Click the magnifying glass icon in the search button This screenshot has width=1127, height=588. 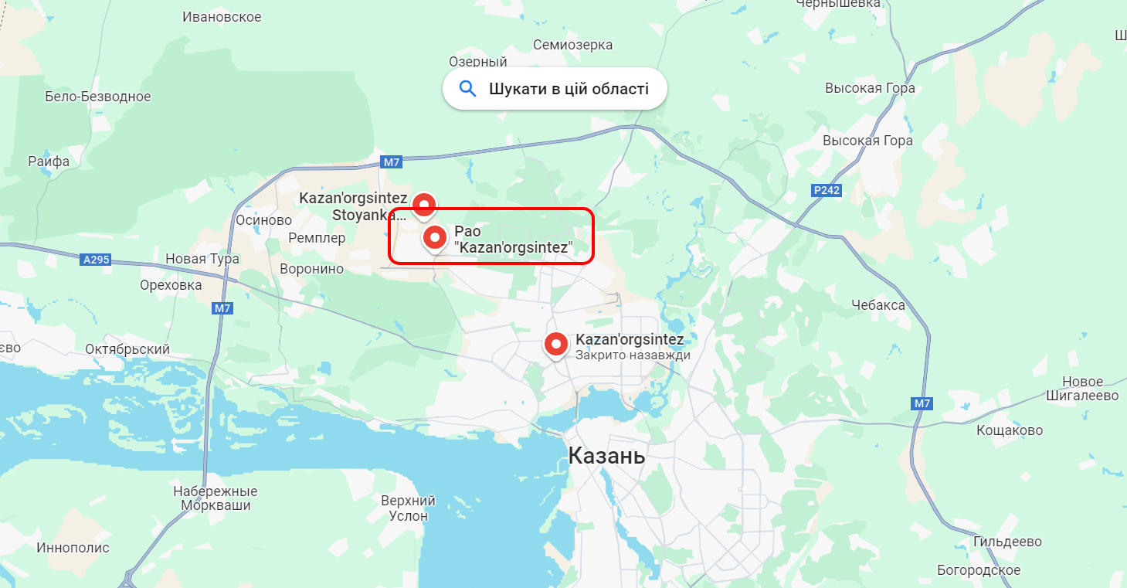(467, 89)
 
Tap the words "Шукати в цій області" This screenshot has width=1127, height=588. (569, 89)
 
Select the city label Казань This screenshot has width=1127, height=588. (606, 456)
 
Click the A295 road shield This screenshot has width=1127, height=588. (96, 260)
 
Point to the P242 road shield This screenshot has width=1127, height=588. (827, 190)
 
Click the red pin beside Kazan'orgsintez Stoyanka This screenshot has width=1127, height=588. (423, 205)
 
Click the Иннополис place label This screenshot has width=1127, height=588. (73, 548)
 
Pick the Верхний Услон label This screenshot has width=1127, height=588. (408, 508)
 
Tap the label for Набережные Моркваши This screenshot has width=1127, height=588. (216, 498)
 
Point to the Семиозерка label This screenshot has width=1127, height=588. (572, 45)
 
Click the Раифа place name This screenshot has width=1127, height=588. (49, 161)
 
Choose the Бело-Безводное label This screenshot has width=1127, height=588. (98, 97)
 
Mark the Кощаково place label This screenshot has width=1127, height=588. (1009, 430)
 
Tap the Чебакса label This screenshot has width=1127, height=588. (877, 305)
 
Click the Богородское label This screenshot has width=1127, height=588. (979, 570)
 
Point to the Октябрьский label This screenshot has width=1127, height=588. (127, 349)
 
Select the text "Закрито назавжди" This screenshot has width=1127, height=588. (633, 355)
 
